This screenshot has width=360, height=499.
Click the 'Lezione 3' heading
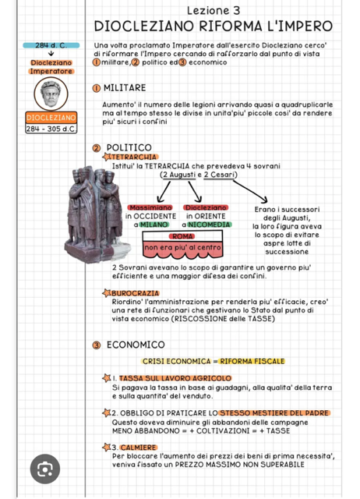point(214,10)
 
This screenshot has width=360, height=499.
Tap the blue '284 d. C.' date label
point(51,45)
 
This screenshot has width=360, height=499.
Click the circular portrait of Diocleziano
point(51,94)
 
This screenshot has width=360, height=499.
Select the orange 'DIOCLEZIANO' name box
point(51,118)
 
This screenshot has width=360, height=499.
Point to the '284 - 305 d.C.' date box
point(51,129)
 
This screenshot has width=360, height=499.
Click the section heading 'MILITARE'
point(125,88)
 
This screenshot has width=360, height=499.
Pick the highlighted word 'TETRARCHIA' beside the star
point(134,157)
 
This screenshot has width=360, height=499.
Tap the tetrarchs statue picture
point(97,214)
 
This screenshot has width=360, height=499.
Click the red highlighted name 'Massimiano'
point(150,207)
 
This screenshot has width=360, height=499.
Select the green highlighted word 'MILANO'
point(154,225)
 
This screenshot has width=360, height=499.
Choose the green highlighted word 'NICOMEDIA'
point(210,225)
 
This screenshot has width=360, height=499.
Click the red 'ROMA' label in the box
point(182,236)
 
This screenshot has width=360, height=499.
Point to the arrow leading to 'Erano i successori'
point(250,192)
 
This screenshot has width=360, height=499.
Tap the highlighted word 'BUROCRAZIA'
point(135,293)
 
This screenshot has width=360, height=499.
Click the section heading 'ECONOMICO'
point(136,345)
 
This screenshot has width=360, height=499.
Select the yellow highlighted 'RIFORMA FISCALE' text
point(252,361)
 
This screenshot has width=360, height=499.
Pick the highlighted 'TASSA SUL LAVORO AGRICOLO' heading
point(175,378)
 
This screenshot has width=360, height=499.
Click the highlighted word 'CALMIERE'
point(139,448)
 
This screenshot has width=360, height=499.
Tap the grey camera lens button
point(45,469)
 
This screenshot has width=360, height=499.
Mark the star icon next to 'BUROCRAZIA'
point(107,293)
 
